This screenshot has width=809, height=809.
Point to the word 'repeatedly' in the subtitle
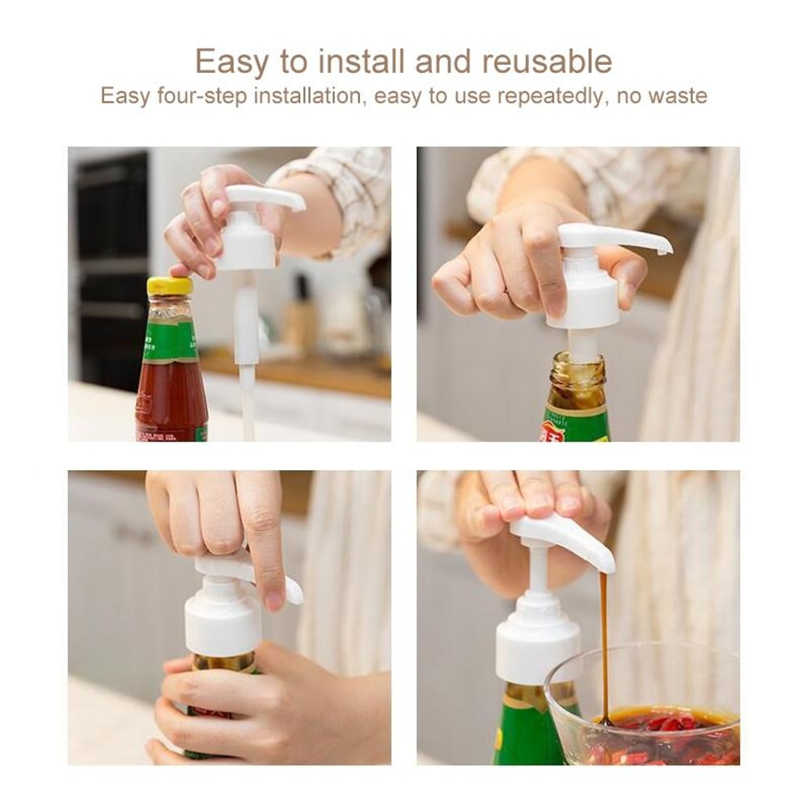551,96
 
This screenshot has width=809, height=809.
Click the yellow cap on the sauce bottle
170,286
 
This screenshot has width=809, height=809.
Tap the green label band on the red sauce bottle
170,340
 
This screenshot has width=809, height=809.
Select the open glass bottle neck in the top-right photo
576,372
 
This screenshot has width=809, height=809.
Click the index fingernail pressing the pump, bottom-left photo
275,600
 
